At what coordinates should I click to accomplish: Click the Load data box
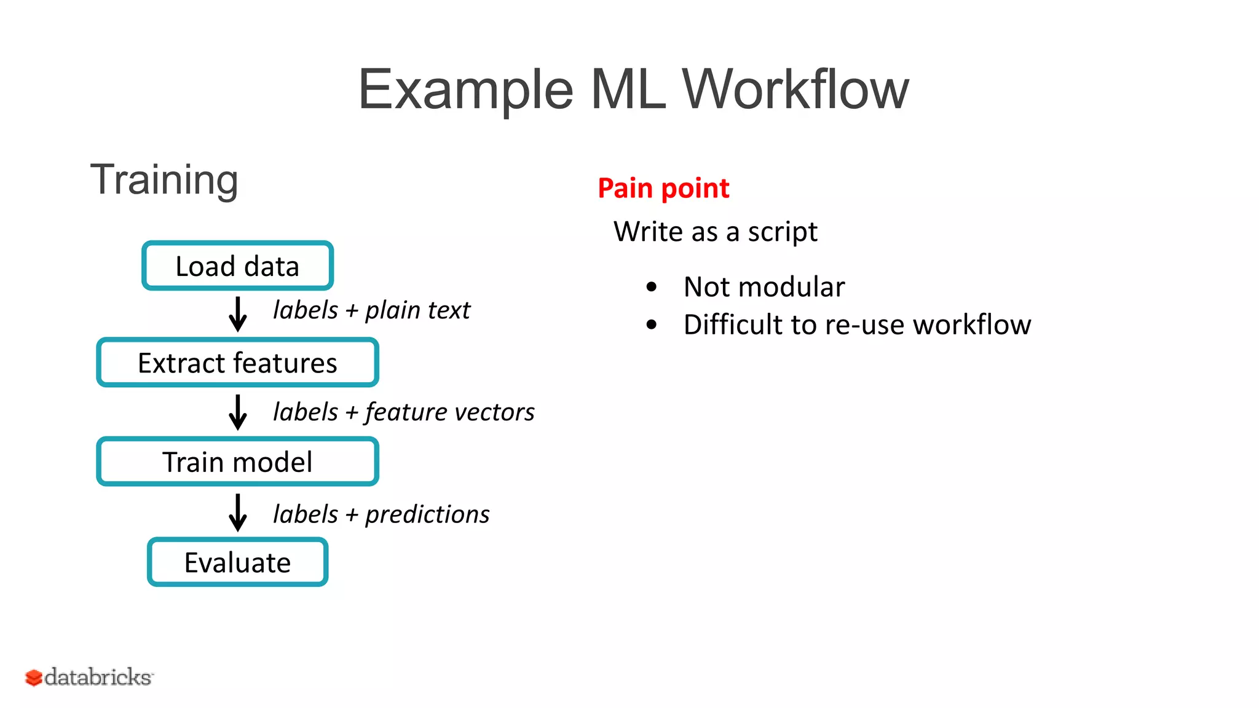[x=237, y=266]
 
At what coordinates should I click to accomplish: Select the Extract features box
[x=237, y=363]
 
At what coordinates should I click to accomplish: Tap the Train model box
[x=237, y=462]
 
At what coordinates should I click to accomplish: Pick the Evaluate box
[x=237, y=562]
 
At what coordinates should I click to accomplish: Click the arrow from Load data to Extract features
[x=237, y=314]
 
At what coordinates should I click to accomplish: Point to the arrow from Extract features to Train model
[x=237, y=412]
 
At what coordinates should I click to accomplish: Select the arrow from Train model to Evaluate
[x=237, y=512]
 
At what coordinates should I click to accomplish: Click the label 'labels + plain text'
[x=371, y=310]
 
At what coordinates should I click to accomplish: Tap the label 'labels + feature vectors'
[x=403, y=412]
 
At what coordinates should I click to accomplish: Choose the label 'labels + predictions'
[x=381, y=514]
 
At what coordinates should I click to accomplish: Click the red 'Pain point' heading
[x=663, y=188]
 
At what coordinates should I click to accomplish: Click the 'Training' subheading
[x=164, y=179]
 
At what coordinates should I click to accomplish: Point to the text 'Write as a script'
[x=715, y=232]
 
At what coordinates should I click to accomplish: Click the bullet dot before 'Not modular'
[x=652, y=286]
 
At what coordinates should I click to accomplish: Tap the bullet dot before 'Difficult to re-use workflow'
[x=652, y=324]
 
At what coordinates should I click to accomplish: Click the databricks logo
[x=89, y=677]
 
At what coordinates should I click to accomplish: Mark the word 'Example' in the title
[x=465, y=91]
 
